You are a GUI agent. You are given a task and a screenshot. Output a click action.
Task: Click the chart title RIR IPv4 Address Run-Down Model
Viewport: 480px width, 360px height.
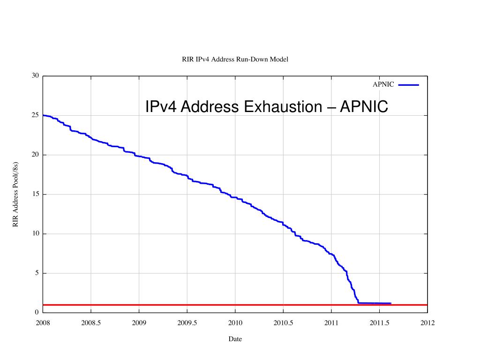point(235,59)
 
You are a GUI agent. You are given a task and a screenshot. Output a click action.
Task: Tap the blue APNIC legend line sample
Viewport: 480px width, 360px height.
point(408,85)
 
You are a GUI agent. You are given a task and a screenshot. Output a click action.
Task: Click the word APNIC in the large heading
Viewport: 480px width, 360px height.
point(364,107)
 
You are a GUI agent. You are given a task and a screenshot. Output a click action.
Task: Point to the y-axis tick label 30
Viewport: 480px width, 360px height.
point(36,76)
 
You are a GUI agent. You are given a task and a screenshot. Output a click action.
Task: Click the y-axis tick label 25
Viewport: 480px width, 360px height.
point(36,115)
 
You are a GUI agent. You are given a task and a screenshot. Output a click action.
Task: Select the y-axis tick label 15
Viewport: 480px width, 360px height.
point(36,194)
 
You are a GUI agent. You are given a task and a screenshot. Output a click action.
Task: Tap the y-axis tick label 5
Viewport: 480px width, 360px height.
point(37,273)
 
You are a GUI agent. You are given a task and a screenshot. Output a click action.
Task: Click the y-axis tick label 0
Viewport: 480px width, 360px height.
point(37,313)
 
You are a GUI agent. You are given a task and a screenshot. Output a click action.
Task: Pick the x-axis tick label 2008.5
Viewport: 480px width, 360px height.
point(91,323)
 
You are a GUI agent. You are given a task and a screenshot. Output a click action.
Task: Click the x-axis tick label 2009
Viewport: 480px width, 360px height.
point(139,323)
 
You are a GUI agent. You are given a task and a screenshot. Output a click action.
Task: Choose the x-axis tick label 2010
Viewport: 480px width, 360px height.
point(235,323)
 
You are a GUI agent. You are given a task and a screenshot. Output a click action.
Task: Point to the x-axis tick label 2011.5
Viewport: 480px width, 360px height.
point(380,323)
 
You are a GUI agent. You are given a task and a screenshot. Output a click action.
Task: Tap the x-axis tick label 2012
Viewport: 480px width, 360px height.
point(427,323)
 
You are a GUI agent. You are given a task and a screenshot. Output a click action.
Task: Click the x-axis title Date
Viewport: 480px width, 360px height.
point(235,339)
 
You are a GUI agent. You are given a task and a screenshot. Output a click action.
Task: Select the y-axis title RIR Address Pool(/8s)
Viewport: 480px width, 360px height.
point(15,195)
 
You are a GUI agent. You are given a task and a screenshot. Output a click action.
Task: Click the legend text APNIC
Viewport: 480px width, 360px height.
point(383,85)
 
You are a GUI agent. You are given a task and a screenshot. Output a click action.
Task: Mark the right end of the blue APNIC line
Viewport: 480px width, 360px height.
point(390,303)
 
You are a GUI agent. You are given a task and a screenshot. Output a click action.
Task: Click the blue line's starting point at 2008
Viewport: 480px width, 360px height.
point(43,115)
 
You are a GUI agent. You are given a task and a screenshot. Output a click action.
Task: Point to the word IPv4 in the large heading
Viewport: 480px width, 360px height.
point(160,107)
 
